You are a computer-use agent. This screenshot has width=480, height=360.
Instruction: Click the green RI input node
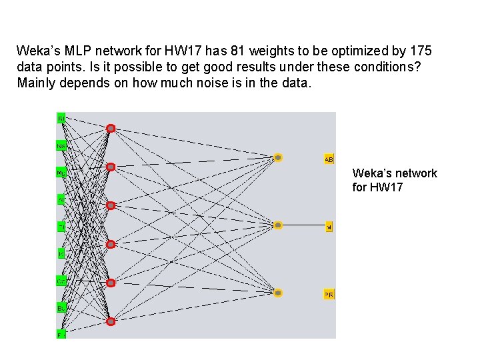(61, 118)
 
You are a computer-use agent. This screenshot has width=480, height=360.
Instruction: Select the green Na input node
(61, 145)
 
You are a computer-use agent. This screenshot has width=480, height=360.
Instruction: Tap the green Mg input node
(61, 173)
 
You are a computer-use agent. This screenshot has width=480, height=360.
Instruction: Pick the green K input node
(61, 254)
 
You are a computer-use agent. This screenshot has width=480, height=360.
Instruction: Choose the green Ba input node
(61, 308)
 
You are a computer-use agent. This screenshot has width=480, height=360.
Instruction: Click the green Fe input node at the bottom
(61, 335)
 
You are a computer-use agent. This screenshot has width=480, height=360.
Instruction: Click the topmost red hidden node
(111, 128)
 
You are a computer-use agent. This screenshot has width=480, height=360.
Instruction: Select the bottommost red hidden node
(111, 321)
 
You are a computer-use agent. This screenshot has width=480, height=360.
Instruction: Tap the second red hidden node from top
(111, 167)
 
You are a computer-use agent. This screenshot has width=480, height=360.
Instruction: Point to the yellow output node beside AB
(278, 158)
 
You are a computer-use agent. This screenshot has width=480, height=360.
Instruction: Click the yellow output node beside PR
(278, 293)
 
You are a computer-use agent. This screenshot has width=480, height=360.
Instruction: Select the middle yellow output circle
(278, 225)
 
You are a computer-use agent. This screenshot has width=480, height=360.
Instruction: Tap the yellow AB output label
(329, 159)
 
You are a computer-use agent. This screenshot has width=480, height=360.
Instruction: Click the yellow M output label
(329, 227)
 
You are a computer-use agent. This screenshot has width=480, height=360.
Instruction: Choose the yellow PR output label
(329, 295)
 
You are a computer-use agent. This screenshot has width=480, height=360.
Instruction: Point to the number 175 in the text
(421, 51)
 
